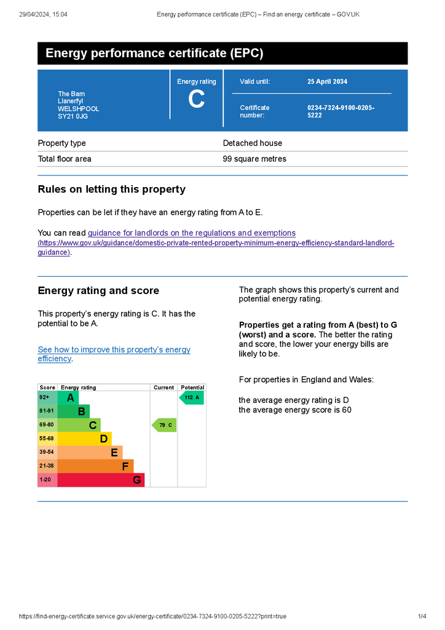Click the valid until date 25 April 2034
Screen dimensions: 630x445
(327, 82)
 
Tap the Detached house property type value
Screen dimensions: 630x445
(253, 143)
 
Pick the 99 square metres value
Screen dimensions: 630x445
(254, 159)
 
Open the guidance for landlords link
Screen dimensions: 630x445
(192, 233)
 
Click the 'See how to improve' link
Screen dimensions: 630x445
(114, 349)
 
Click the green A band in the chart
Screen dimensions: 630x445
(68, 398)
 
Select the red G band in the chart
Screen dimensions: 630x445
(101, 480)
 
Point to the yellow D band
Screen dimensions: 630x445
(84, 439)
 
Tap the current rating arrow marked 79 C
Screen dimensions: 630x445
(164, 425)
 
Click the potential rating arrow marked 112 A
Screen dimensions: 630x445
(191, 398)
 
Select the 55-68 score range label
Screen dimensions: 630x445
(47, 439)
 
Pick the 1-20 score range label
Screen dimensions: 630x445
(46, 480)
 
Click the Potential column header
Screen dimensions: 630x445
(192, 388)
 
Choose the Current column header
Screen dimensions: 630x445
(163, 388)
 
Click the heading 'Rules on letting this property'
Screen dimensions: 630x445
(111, 189)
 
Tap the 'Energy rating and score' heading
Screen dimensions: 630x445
(98, 291)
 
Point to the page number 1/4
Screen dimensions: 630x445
(422, 616)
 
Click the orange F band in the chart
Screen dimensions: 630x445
(95, 466)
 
